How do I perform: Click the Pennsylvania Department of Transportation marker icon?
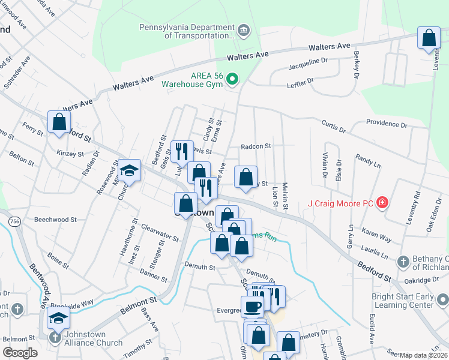point(244,31)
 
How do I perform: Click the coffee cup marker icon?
point(252,306)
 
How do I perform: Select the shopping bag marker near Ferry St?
point(59,122)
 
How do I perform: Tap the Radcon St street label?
point(256,146)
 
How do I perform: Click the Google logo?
point(20,353)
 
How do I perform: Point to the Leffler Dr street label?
point(301,80)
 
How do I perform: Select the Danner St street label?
point(153,275)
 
